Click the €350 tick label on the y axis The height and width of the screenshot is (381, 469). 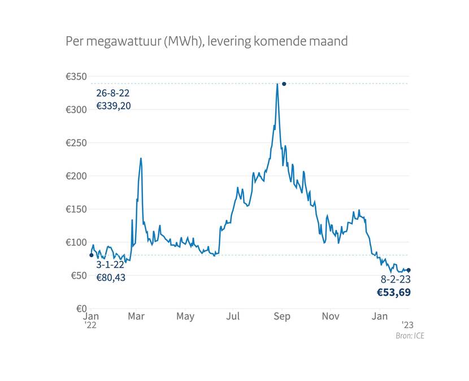coord(75,77)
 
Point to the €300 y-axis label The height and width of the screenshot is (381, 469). coord(75,110)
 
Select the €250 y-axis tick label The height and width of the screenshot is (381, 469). coord(75,143)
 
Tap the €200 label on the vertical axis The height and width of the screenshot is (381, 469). coord(75,176)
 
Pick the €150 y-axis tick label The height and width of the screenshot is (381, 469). coord(75,209)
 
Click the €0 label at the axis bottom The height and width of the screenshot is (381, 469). coord(80,309)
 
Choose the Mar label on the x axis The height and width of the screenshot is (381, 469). coord(136,317)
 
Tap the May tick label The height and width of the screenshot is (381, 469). coord(185,317)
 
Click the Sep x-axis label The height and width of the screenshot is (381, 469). coord(282,317)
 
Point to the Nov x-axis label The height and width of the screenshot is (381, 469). coord(331,317)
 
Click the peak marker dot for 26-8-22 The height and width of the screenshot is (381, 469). coord(284,84)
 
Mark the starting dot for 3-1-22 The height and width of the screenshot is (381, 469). coord(92,255)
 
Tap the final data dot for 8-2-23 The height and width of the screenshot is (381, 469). coord(409,270)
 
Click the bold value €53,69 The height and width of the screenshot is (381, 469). coord(394,292)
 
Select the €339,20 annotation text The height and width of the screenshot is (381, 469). coord(114,106)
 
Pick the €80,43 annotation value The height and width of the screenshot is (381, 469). coord(110,278)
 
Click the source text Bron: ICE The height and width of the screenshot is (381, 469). coord(410,336)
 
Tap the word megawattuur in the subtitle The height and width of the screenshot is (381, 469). coord(122,42)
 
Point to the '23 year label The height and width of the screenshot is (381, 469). coord(408,324)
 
